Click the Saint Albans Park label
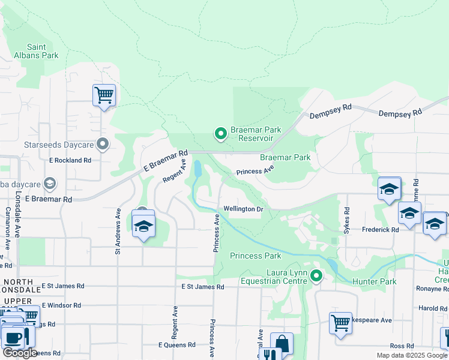(43, 51)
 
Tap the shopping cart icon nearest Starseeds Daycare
(104, 95)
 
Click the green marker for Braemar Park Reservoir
(221, 134)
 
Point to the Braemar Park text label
(285, 157)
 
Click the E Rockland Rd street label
(70, 160)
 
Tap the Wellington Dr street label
(243, 209)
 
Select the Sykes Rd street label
(346, 220)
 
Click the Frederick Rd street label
(380, 230)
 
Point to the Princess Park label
(256, 256)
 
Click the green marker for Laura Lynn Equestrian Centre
(316, 276)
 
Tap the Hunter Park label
(375, 281)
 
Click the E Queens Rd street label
(176, 345)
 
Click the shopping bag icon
(282, 343)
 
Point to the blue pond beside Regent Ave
(197, 169)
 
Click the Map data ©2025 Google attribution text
(411, 355)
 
